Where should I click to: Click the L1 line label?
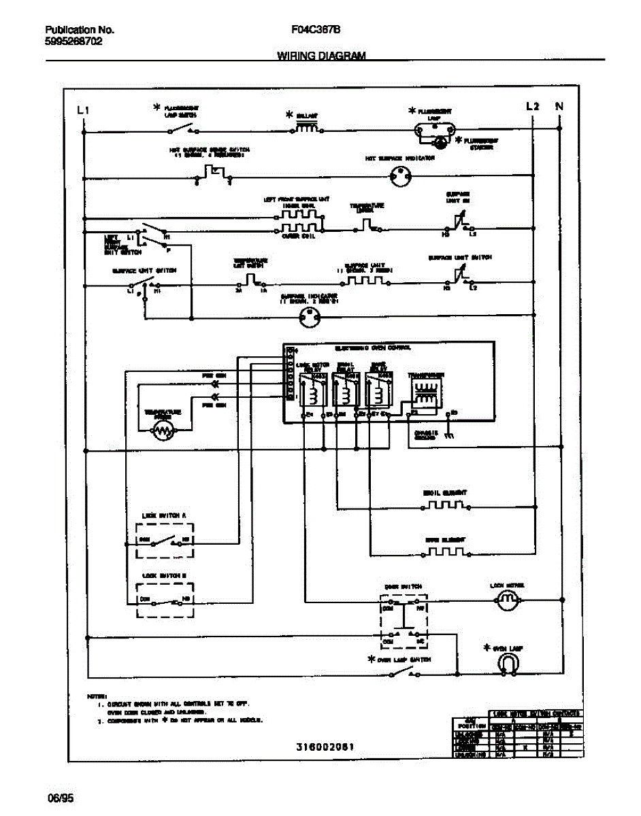(83, 109)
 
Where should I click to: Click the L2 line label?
(532, 106)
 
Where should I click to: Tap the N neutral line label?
(559, 106)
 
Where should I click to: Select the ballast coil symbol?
(306, 128)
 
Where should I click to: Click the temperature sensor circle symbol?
(163, 430)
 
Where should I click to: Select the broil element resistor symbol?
(446, 506)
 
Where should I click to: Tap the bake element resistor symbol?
(446, 551)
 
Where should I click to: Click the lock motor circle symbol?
(505, 600)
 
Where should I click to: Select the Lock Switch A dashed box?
(165, 541)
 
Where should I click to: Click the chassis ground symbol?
(448, 436)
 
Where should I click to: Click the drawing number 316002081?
(325, 747)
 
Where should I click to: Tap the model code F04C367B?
(316, 31)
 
